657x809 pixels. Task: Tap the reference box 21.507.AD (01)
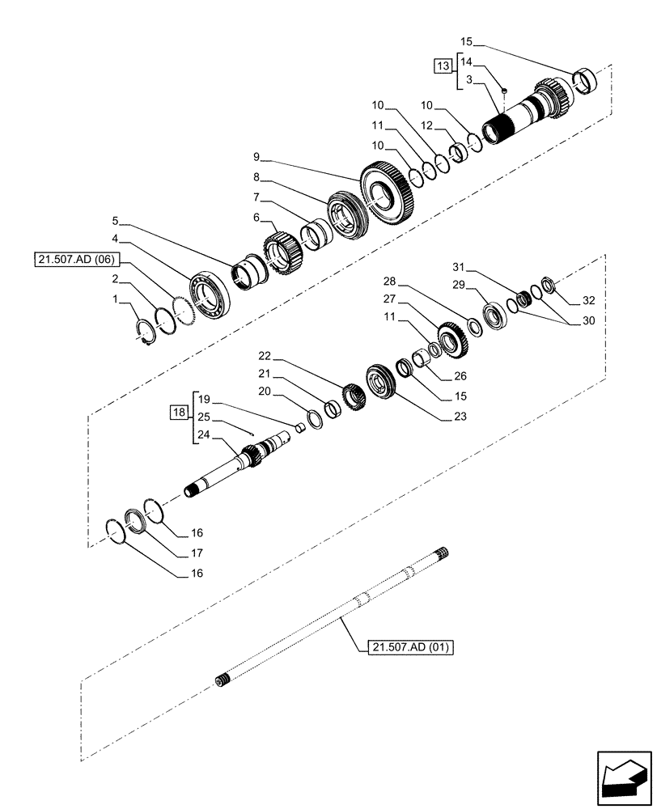(x=411, y=647)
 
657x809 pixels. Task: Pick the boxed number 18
(x=179, y=413)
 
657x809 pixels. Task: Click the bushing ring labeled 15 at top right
(x=584, y=81)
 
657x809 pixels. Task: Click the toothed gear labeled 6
(x=280, y=250)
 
